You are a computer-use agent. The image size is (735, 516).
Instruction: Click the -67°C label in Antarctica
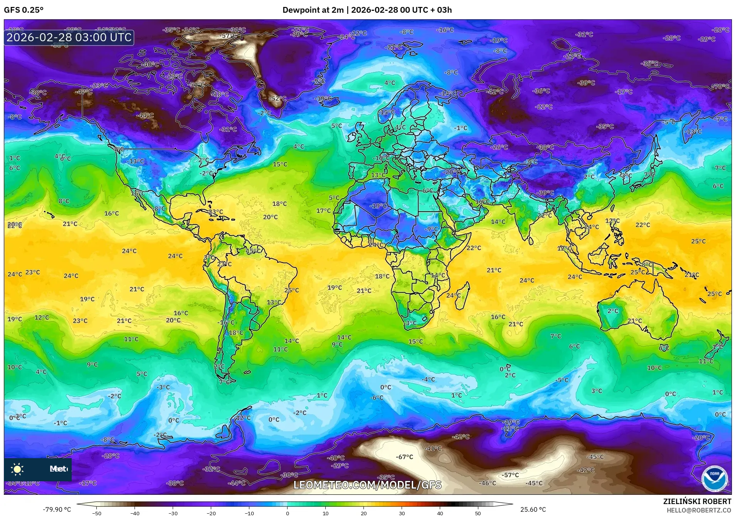[x=404, y=457]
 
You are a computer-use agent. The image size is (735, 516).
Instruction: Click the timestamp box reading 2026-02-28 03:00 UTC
[x=69, y=37]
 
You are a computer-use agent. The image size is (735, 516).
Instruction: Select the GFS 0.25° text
[x=24, y=10]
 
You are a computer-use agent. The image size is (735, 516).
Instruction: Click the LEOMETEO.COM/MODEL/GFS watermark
[x=367, y=485]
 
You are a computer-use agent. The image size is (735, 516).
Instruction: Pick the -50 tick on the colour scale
[x=97, y=513]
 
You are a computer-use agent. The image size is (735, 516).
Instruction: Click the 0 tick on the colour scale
[x=287, y=513]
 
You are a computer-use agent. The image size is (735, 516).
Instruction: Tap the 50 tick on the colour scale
[x=478, y=513]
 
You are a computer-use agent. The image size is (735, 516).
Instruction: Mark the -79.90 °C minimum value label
[x=57, y=509]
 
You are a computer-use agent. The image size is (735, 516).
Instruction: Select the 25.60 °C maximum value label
[x=533, y=509]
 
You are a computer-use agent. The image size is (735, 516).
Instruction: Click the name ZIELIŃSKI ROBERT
[x=697, y=501]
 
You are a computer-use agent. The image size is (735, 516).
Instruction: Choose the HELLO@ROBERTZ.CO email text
[x=699, y=510]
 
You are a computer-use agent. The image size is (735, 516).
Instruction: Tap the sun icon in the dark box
[x=17, y=469]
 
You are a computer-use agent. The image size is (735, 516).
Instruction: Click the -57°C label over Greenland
[x=229, y=36]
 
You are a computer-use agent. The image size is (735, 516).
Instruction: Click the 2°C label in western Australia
[x=612, y=311]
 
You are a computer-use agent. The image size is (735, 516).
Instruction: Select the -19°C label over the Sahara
[x=378, y=206]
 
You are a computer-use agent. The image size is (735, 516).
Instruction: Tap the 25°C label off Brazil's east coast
[x=291, y=290]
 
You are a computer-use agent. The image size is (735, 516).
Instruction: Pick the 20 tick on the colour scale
[x=363, y=513]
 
